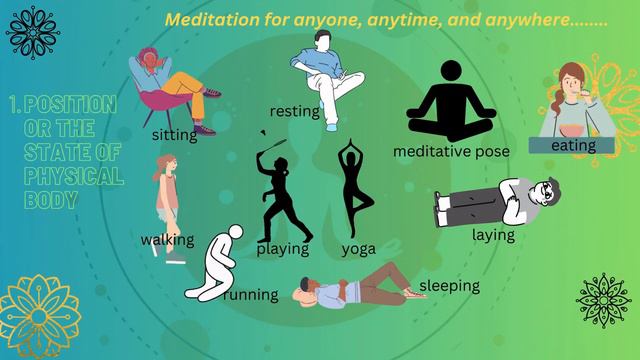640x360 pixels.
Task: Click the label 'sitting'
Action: coord(174,134)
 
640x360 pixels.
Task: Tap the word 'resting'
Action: coord(295,111)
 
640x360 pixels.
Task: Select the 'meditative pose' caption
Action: coord(451,151)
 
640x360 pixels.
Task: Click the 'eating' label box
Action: coord(572,146)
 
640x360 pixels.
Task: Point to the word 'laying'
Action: coord(493,235)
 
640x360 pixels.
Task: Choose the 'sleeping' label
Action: coord(449,286)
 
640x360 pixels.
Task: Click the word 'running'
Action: coord(251,295)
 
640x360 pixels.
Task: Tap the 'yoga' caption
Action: coord(358,248)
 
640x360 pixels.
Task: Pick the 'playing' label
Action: coord(283,248)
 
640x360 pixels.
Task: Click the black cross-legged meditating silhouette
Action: coord(451,104)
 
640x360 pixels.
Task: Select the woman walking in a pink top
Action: coord(168,200)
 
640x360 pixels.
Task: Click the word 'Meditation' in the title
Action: coord(209,20)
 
